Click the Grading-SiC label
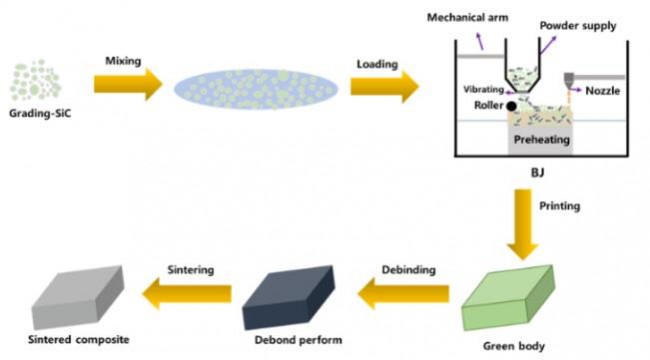40,113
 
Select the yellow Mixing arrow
128,85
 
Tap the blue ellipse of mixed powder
256,89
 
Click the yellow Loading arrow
385,87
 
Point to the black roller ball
512,106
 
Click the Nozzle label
603,91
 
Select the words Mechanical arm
468,18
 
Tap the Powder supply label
578,26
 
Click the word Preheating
542,140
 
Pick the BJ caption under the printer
538,172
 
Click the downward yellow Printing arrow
523,224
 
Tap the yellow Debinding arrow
403,294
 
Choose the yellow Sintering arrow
187,294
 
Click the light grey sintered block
78,297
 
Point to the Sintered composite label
79,340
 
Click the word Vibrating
483,90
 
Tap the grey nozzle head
569,80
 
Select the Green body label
514,346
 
